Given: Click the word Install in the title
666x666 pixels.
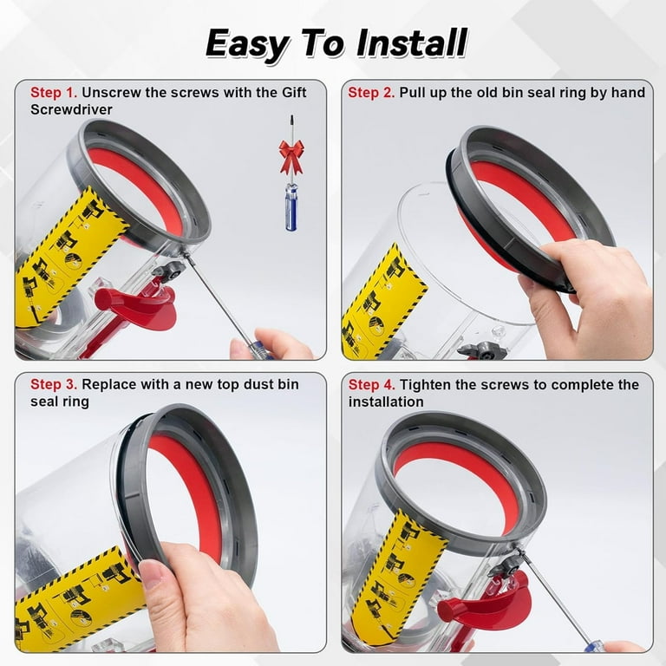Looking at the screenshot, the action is pyautogui.click(x=412, y=42).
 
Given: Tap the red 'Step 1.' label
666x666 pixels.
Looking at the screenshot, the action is pyautogui.click(x=54, y=92).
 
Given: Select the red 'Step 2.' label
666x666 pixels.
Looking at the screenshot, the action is pyautogui.click(x=371, y=92).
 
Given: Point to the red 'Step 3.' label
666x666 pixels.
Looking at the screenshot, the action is pyautogui.click(x=54, y=384).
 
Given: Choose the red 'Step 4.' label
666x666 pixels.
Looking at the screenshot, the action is pyautogui.click(x=372, y=385).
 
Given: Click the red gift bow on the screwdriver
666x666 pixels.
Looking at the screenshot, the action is pyautogui.click(x=291, y=156).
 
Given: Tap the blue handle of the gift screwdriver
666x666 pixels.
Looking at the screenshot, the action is pyautogui.click(x=291, y=209).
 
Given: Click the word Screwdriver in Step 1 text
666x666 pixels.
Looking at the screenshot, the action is pyautogui.click(x=71, y=109).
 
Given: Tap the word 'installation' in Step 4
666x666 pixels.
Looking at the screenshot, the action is pyautogui.click(x=386, y=402).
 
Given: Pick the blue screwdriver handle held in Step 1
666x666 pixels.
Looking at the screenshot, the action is pyautogui.click(x=259, y=349).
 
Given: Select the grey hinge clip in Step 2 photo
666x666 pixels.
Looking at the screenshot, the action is pyautogui.click(x=483, y=350).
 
